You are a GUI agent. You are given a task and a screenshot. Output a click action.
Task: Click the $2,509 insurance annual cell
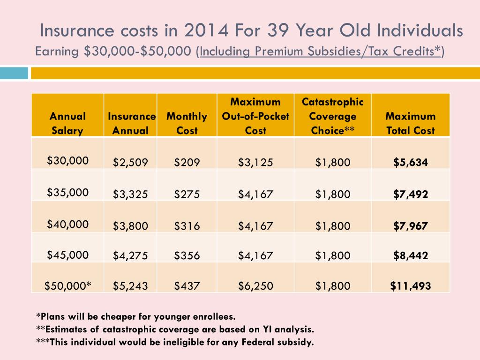[x=130, y=163]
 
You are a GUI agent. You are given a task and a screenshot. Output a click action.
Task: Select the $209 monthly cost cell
[x=187, y=163]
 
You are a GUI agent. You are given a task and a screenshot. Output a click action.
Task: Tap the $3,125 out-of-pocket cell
[x=255, y=163]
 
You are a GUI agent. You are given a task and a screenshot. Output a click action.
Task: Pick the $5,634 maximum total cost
[x=411, y=163]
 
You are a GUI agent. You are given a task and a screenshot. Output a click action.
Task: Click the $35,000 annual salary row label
[x=68, y=192]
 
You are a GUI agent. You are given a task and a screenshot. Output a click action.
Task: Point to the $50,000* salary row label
[x=68, y=285]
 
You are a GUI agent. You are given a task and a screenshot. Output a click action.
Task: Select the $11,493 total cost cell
[x=411, y=285]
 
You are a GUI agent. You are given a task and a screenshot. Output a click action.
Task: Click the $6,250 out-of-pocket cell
[x=255, y=285]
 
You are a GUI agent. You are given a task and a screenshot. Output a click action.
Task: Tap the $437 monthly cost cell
[x=187, y=285]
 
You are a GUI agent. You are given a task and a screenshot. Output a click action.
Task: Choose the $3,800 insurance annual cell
[x=130, y=226]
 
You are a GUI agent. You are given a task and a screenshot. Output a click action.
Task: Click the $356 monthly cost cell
[x=187, y=255]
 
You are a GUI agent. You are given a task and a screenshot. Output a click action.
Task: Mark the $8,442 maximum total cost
[x=411, y=255]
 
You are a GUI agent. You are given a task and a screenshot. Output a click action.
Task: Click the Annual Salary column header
[x=68, y=123]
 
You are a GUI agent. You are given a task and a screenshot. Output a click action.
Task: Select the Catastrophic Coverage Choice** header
[x=333, y=116]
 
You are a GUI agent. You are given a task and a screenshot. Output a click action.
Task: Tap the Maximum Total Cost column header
[x=411, y=123]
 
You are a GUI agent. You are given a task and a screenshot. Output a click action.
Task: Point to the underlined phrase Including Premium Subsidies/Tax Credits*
[x=321, y=51]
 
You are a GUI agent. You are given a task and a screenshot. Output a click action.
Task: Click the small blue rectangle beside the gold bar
[x=14, y=73]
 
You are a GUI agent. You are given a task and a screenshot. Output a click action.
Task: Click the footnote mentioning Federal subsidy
[x=175, y=342]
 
